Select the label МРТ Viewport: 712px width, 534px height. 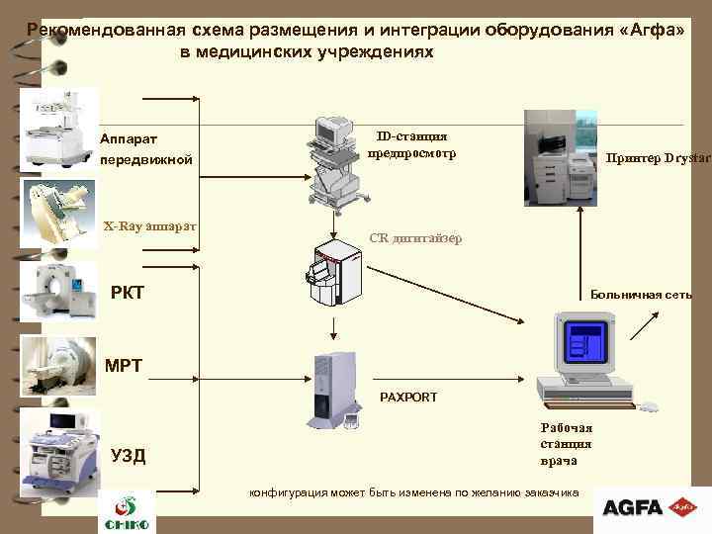pyautogui.click(x=125, y=366)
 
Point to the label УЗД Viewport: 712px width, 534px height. pyautogui.click(x=129, y=455)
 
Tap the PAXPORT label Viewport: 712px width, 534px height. pyautogui.click(x=408, y=397)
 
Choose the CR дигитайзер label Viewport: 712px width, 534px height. pyautogui.click(x=414, y=237)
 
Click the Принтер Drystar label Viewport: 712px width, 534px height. pyautogui.click(x=658, y=157)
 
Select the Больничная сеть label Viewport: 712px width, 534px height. pyautogui.click(x=641, y=295)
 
